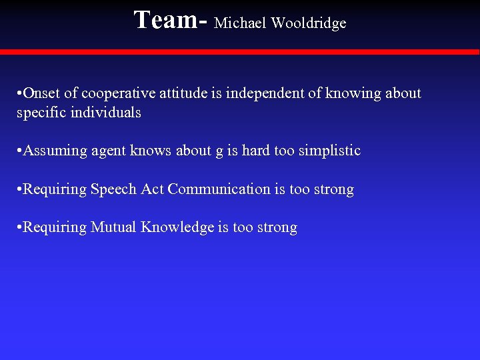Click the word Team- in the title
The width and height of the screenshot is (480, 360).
[171, 20]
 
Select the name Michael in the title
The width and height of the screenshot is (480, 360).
[239, 23]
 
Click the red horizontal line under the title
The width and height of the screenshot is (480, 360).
[240, 52]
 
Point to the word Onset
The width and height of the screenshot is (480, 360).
[41, 93]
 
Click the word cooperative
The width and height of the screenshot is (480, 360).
[115, 93]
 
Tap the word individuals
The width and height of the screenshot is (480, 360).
[109, 113]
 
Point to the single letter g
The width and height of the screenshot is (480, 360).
[219, 152]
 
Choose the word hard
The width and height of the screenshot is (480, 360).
[255, 151]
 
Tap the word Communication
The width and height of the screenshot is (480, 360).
[219, 189]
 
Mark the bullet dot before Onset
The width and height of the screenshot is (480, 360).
[19, 94]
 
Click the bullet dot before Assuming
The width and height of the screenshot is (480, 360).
[19, 151]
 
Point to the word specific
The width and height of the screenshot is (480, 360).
[40, 113]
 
